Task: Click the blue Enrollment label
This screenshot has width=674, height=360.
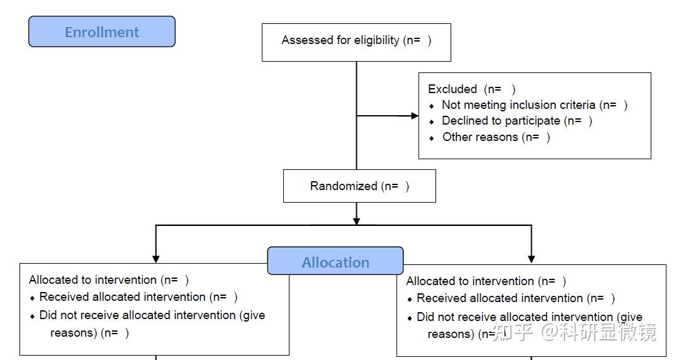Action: point(102,32)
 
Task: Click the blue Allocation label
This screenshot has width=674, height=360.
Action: point(335,262)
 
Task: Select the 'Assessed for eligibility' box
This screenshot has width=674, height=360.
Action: point(356,42)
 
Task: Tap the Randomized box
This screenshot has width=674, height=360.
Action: point(359,186)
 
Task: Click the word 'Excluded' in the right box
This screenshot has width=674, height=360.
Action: point(452,89)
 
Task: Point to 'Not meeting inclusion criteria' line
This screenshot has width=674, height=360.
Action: point(534,105)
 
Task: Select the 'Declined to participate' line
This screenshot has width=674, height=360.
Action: point(517,121)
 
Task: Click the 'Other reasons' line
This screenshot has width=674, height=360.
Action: point(496,137)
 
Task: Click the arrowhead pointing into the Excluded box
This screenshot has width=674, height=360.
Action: point(415,116)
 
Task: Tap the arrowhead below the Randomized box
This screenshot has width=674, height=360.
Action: point(356,221)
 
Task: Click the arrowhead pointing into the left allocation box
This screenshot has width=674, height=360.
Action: point(156,258)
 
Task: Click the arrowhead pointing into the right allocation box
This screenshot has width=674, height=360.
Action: point(531,258)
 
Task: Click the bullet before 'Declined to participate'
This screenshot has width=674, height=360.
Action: point(432,122)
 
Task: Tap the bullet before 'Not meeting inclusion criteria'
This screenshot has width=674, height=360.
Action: point(432,106)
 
